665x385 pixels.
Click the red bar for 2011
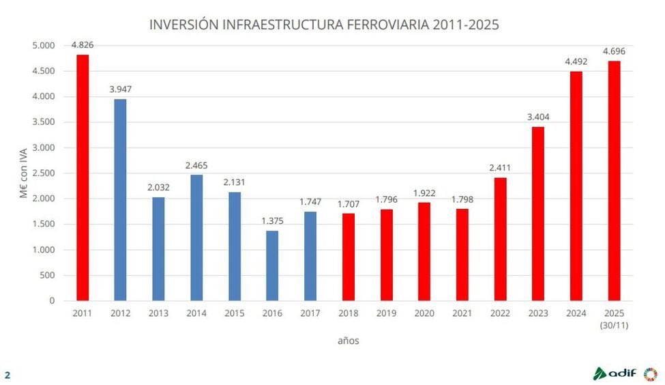(x=83, y=177)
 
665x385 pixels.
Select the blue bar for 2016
(x=272, y=266)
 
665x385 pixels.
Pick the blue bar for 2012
(x=120, y=200)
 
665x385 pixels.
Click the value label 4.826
(x=83, y=45)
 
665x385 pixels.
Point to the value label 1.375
(x=272, y=221)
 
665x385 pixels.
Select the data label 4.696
(x=613, y=51)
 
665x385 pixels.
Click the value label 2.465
(x=196, y=165)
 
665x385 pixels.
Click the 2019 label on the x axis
(x=386, y=312)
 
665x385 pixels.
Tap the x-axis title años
(x=348, y=341)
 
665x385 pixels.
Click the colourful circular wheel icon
(x=651, y=373)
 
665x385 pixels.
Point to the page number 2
(x=8, y=375)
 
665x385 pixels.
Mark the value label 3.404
(x=537, y=117)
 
